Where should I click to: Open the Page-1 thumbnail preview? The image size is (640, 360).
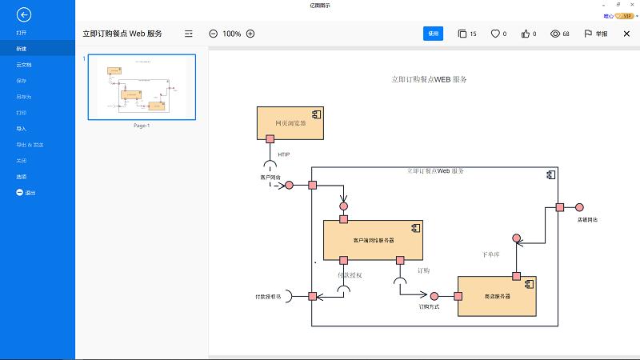pyautogui.click(x=141, y=86)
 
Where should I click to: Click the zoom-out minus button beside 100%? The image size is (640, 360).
pyautogui.click(x=213, y=34)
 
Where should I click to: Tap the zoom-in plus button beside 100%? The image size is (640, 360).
pyautogui.click(x=250, y=34)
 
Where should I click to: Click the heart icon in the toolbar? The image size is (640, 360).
pyautogui.click(x=495, y=34)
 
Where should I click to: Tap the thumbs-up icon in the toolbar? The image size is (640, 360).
pyautogui.click(x=525, y=34)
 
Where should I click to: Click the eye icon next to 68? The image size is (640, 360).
pyautogui.click(x=555, y=34)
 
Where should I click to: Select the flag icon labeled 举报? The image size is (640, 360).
pyautogui.click(x=588, y=34)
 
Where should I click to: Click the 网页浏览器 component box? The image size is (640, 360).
pyautogui.click(x=290, y=122)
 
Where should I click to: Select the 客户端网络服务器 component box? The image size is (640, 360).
pyautogui.click(x=373, y=238)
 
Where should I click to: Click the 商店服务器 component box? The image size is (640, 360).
pyautogui.click(x=496, y=296)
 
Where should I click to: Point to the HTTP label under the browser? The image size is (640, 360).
pyautogui.click(x=284, y=154)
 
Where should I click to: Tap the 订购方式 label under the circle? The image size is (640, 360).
pyautogui.click(x=430, y=306)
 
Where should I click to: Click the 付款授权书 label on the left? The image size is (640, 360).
pyautogui.click(x=268, y=297)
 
